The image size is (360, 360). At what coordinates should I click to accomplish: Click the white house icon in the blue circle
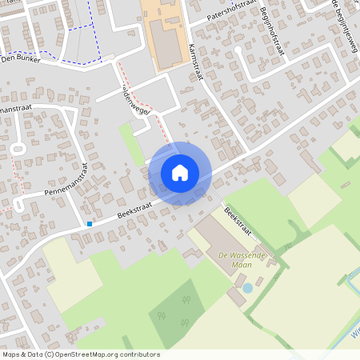pos(180,173)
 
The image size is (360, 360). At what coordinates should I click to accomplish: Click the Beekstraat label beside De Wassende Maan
pos(238,223)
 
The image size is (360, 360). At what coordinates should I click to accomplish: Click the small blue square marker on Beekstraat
pos(90,224)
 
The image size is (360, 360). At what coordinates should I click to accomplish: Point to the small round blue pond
pos(247,287)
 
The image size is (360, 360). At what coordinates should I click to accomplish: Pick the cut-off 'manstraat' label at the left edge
pos(15,108)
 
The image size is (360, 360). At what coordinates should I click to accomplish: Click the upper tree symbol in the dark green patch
pos(186,301)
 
